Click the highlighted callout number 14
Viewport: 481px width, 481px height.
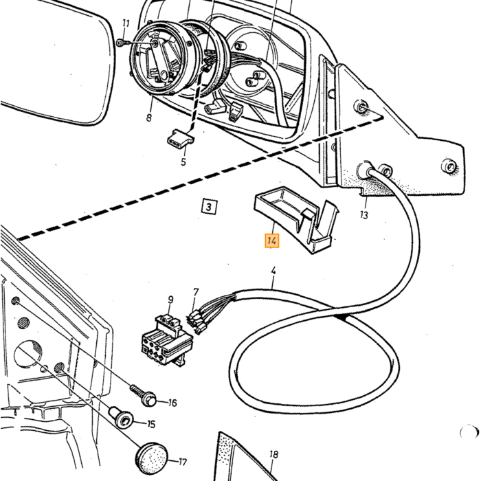pyautogui.click(x=272, y=240)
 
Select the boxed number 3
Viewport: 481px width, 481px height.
pyautogui.click(x=209, y=206)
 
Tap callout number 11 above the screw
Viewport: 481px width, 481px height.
pyautogui.click(x=126, y=23)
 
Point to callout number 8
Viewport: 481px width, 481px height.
pyautogui.click(x=149, y=118)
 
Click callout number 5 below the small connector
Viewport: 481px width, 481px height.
pyautogui.click(x=183, y=161)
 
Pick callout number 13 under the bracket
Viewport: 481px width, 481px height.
pyautogui.click(x=363, y=215)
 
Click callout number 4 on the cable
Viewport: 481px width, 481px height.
pyautogui.click(x=273, y=271)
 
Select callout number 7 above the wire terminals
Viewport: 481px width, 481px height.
pyautogui.click(x=196, y=292)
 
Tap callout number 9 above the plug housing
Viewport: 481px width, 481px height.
pyautogui.click(x=170, y=300)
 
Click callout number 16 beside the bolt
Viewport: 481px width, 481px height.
pyautogui.click(x=172, y=403)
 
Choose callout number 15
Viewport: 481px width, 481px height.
pyautogui.click(x=151, y=424)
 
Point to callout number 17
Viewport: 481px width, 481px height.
pyautogui.click(x=183, y=462)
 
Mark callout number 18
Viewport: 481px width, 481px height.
pyautogui.click(x=273, y=454)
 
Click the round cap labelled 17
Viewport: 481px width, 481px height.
pyautogui.click(x=152, y=458)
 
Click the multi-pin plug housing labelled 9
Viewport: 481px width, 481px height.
pyautogui.click(x=167, y=339)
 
